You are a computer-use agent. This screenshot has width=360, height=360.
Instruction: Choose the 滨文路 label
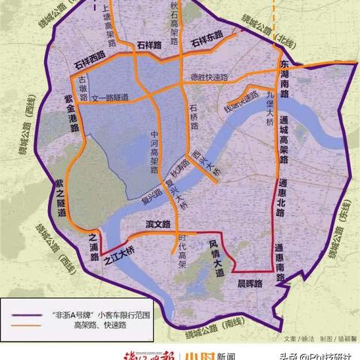click(159, 224)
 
